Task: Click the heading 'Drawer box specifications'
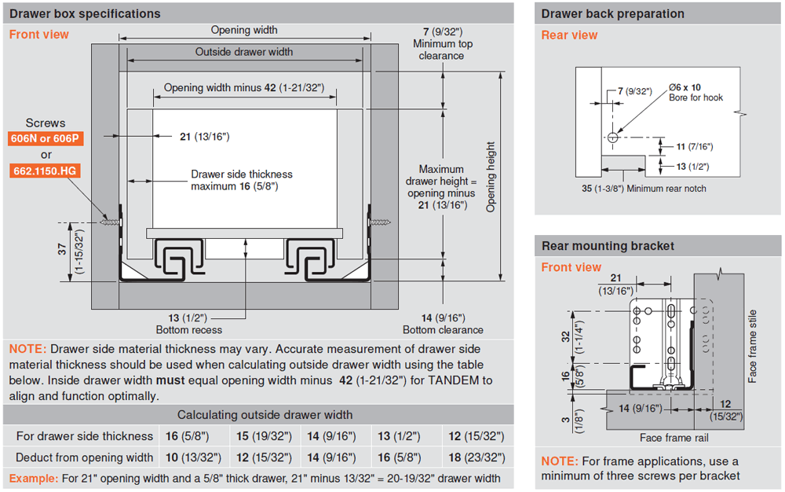tap(85, 13)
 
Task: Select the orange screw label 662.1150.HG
tap(46, 171)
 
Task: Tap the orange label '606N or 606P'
tap(46, 139)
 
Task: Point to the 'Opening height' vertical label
tap(491, 177)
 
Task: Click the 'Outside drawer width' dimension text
tap(244, 52)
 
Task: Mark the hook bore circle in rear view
tap(612, 138)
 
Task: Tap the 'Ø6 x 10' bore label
tap(685, 86)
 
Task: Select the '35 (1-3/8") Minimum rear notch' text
tap(644, 189)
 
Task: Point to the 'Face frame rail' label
tap(674, 438)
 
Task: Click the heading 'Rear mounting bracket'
tap(608, 246)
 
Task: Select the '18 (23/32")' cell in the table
tap(476, 457)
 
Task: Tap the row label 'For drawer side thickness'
tap(84, 436)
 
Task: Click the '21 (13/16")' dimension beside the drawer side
tap(204, 137)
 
